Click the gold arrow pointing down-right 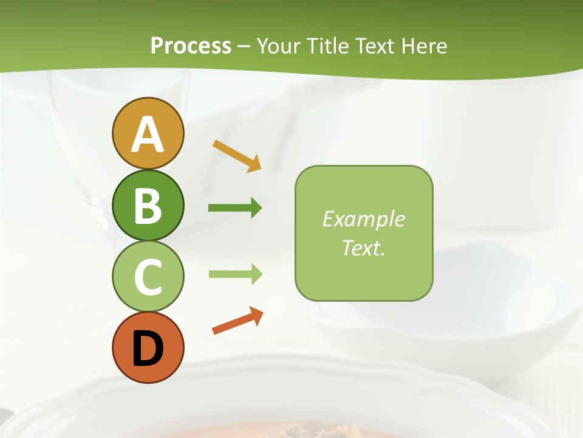pyautogui.click(x=237, y=156)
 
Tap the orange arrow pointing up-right pyautogui.click(x=237, y=321)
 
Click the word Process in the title pyautogui.click(x=191, y=46)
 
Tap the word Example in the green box pyautogui.click(x=364, y=219)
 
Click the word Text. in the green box pyautogui.click(x=364, y=248)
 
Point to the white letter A pyautogui.click(x=148, y=134)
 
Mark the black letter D pyautogui.click(x=148, y=348)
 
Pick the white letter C pyautogui.click(x=148, y=277)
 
